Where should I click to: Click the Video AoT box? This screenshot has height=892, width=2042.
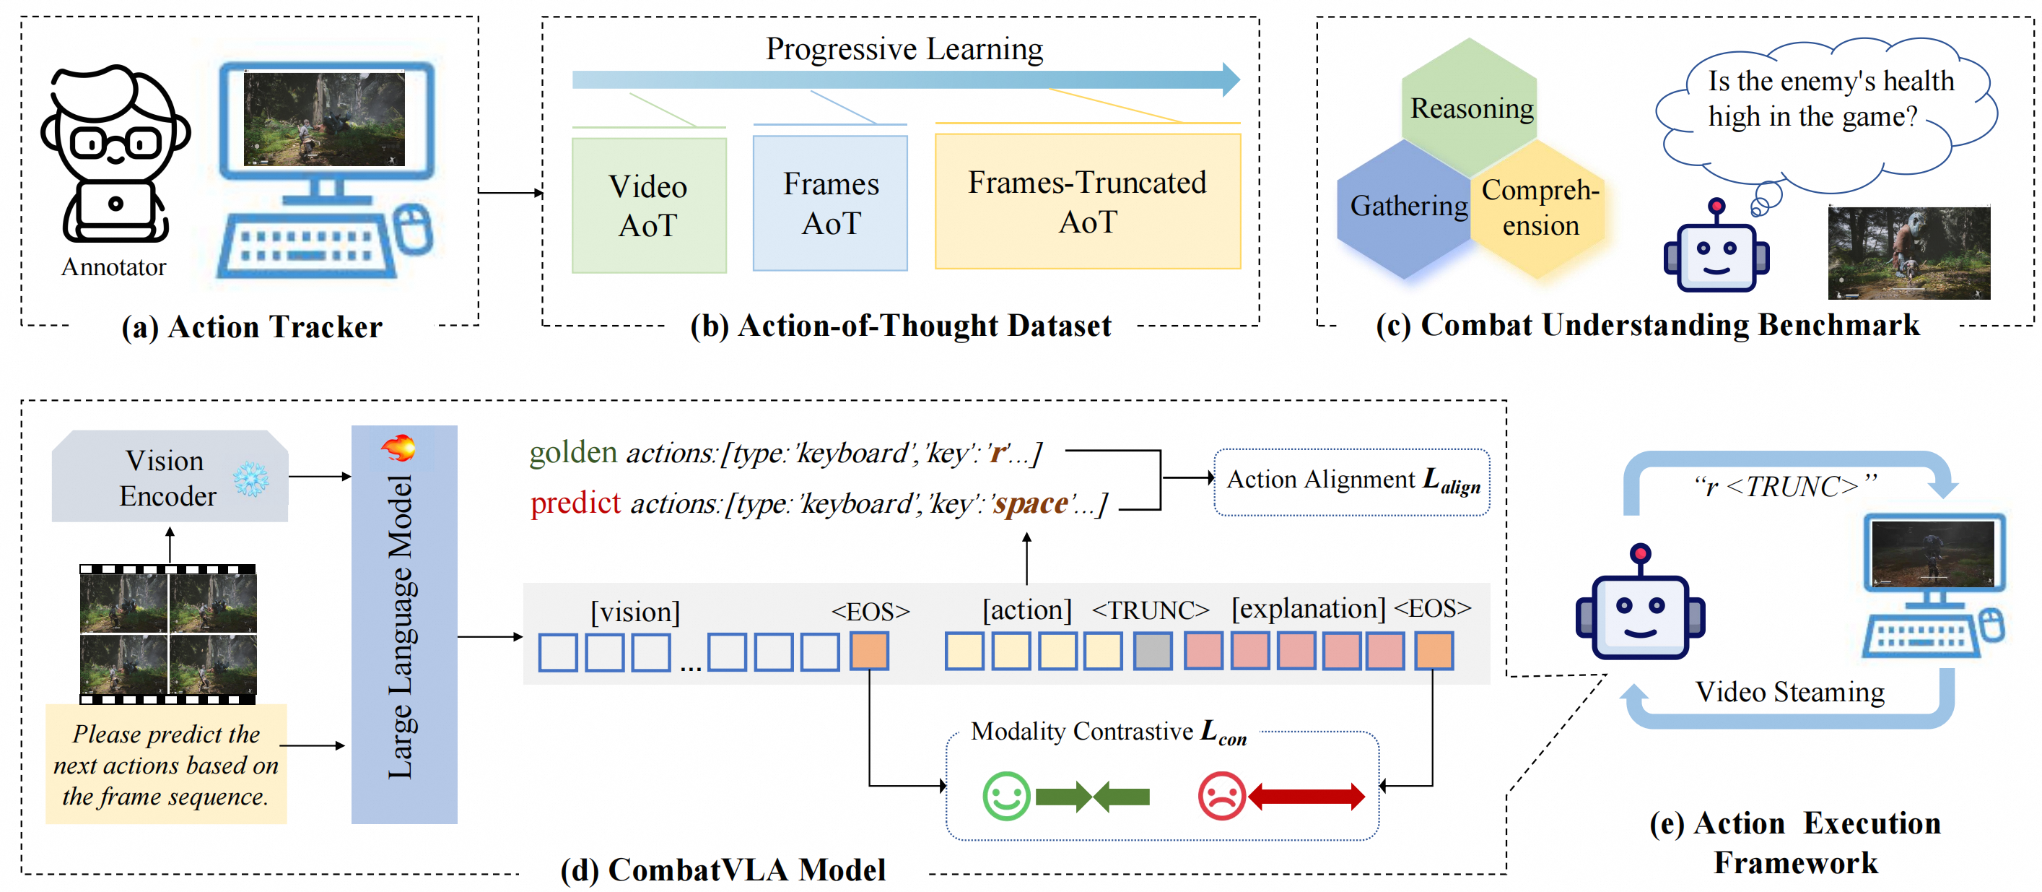[x=648, y=205]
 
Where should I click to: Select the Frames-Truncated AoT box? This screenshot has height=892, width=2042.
[x=1087, y=202]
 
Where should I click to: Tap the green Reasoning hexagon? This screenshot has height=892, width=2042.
[x=1470, y=106]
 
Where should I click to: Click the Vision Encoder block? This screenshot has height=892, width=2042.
[x=169, y=477]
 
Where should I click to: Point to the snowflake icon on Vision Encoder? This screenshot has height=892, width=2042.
[x=250, y=479]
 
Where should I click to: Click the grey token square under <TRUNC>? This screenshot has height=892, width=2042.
[x=1152, y=651]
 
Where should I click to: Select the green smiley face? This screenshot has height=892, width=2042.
[x=1006, y=795]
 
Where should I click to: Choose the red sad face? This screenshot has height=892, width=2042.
[x=1221, y=795]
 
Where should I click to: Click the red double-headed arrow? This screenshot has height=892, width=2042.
[x=1306, y=795]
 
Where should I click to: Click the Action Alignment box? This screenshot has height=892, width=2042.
[x=1351, y=481]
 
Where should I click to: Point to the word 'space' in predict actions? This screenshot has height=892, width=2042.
[x=1031, y=503]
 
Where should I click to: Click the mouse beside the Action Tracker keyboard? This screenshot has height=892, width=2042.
[x=413, y=228]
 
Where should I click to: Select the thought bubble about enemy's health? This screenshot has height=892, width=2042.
[x=1828, y=111]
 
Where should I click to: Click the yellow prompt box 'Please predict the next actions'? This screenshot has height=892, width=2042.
[x=166, y=764]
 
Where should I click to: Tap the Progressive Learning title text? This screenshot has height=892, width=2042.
[x=904, y=49]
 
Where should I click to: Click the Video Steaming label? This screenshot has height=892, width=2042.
[x=1789, y=692]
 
